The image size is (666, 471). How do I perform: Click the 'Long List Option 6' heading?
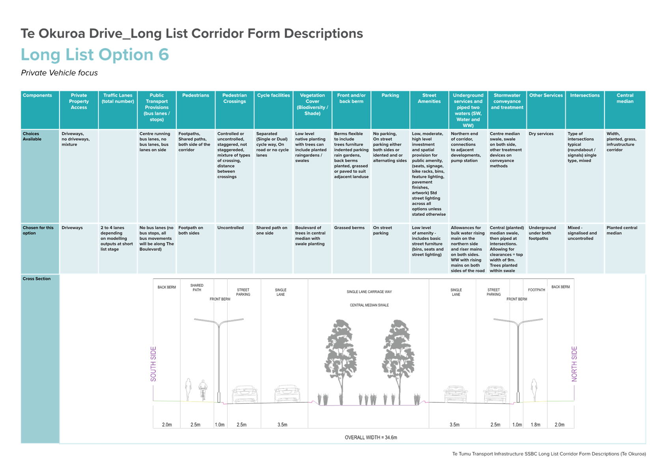pos(95,55)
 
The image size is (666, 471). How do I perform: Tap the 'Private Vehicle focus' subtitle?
pos(59,73)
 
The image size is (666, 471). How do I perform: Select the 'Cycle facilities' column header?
pos(273,95)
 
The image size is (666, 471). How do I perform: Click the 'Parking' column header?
pos(390,95)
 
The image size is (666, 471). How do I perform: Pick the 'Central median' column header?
pos(625,99)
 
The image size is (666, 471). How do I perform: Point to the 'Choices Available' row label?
pos(32,136)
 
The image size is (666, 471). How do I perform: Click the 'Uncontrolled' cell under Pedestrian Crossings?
pos(230,228)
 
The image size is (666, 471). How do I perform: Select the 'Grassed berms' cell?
pos(349,228)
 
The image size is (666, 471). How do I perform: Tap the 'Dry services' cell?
pos(541,134)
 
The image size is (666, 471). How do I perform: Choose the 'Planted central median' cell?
pos(622,230)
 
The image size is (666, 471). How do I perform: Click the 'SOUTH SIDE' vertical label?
pos(153,364)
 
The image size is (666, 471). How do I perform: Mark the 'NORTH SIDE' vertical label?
pos(574,364)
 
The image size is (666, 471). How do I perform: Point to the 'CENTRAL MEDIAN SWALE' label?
pos(369,305)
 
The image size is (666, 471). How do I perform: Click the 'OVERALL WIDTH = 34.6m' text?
pos(371,437)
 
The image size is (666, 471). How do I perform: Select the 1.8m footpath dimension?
pos(535,424)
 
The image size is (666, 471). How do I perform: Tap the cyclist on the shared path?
pos(203,389)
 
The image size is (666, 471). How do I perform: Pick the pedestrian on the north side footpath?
pos(534,390)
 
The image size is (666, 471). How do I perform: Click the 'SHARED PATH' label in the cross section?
pos(197,288)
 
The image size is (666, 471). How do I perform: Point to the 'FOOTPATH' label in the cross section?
pos(536,290)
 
